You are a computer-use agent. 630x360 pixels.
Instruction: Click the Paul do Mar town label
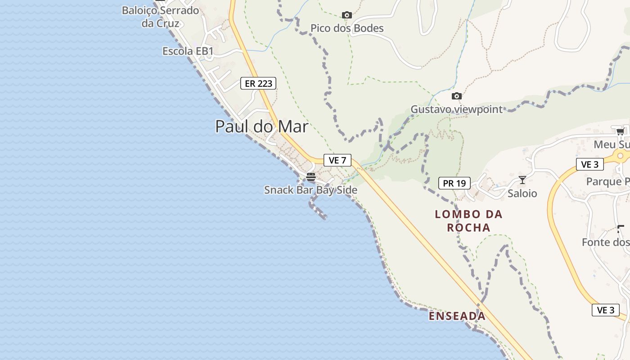[261, 126]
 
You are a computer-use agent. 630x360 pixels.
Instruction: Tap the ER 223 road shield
[258, 83]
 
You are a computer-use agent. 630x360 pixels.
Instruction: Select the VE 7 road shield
[337, 160]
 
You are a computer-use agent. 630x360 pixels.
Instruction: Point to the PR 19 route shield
[454, 183]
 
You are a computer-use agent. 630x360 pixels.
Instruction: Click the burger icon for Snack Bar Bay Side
[311, 177]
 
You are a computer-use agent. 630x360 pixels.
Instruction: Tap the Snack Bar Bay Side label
[310, 190]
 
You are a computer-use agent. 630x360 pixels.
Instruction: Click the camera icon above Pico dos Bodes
[346, 15]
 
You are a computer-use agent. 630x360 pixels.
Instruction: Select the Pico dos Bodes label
[347, 28]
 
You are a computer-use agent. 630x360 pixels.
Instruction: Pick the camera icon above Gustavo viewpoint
[456, 96]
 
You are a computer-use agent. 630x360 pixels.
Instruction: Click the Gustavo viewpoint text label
[456, 109]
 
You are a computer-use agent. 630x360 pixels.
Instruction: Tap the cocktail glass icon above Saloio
[522, 180]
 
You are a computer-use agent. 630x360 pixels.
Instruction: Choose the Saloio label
[522, 193]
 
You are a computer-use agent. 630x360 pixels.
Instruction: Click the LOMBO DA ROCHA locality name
[468, 221]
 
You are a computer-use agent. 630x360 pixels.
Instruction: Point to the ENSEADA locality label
[457, 316]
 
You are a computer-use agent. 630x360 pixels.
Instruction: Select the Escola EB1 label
[188, 51]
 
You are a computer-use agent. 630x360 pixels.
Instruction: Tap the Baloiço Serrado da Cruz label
[160, 17]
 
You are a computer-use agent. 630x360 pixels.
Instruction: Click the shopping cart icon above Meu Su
[620, 131]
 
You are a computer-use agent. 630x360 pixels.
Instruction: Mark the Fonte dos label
[605, 243]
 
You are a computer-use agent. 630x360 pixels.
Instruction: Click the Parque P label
[607, 181]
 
